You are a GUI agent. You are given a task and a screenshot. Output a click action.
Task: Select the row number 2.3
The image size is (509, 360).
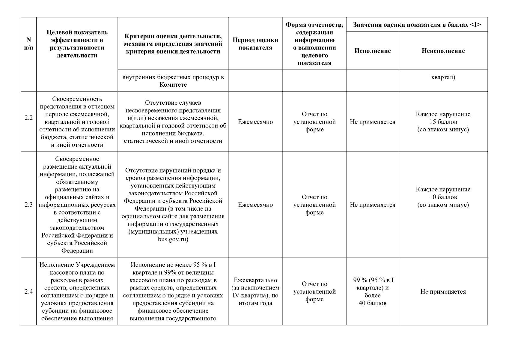tap(28, 205)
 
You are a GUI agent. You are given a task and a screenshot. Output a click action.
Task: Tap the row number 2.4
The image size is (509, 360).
tap(28, 292)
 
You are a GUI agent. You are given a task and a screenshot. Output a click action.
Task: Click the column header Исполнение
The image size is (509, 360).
tap(372, 51)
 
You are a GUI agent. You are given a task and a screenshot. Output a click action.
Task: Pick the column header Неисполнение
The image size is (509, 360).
tap(443, 51)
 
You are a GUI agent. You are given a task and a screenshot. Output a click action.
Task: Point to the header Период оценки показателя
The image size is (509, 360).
tap(255, 44)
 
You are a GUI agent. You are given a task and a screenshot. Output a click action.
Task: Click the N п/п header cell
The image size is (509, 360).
tap(28, 44)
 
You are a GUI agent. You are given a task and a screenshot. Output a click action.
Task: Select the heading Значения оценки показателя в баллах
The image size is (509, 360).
tap(417, 25)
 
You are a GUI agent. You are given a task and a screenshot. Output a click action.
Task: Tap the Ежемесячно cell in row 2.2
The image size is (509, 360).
tap(255, 122)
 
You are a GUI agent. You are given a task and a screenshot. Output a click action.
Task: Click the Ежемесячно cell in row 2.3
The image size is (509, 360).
tap(255, 205)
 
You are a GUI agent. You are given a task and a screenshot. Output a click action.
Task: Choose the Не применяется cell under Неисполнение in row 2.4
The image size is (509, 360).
tap(443, 292)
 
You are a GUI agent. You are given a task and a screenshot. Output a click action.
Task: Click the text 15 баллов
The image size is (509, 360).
tap(443, 122)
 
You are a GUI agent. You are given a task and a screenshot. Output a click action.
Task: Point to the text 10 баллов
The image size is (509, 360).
tap(443, 197)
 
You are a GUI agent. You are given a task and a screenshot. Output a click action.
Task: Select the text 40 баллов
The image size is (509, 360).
tap(372, 303)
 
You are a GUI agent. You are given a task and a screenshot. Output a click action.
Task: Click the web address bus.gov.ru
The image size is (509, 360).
tap(173, 239)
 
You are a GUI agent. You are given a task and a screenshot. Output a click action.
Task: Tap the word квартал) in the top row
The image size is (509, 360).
tap(443, 77)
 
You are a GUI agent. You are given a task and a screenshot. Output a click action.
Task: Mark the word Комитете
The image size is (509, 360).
tap(173, 85)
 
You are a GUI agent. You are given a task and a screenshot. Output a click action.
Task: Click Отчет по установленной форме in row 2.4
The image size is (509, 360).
tap(314, 292)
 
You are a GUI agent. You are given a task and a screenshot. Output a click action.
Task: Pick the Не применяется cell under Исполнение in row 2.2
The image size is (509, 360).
tap(372, 122)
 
